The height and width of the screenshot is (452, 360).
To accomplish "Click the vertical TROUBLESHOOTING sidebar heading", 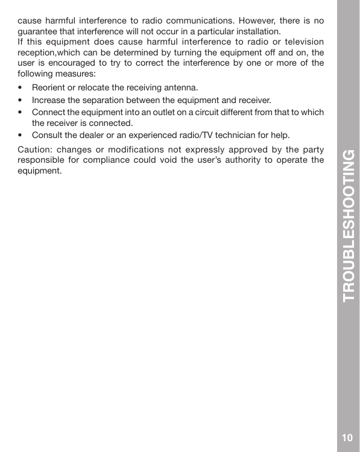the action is click(x=349, y=225).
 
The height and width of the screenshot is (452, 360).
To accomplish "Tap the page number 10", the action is click(x=347, y=438).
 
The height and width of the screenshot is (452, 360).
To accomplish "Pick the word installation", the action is click(x=255, y=31).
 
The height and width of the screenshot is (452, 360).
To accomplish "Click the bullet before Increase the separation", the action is click(x=21, y=100).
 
